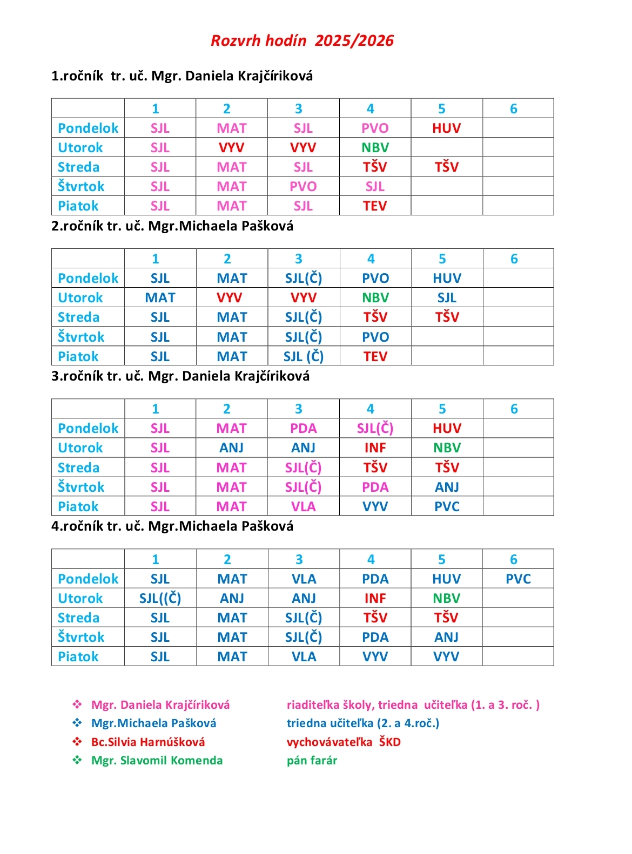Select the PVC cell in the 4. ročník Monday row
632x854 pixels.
click(x=518, y=579)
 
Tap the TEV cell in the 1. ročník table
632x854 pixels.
click(x=375, y=206)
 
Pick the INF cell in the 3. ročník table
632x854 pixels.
click(x=375, y=448)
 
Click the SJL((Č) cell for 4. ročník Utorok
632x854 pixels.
click(x=160, y=598)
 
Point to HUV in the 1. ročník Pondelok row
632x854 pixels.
click(x=446, y=128)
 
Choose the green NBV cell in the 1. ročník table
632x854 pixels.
click(x=375, y=147)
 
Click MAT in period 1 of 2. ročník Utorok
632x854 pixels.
click(x=160, y=297)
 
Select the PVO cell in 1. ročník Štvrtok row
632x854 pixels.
click(x=303, y=186)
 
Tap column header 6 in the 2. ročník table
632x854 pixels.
click(x=514, y=259)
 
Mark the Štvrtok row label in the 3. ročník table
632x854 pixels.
click(x=81, y=487)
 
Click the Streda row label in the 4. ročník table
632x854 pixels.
click(x=79, y=618)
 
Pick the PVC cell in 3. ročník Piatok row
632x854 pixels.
click(x=447, y=506)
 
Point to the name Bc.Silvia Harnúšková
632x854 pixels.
click(x=148, y=742)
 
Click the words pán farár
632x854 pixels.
click(x=312, y=760)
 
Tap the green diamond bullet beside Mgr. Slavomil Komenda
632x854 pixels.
click(x=77, y=760)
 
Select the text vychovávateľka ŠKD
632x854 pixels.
click(x=344, y=742)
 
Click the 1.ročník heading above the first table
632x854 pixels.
click(x=77, y=76)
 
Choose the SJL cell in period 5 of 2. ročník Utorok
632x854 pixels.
click(x=447, y=297)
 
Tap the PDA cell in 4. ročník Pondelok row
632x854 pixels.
click(x=375, y=579)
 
